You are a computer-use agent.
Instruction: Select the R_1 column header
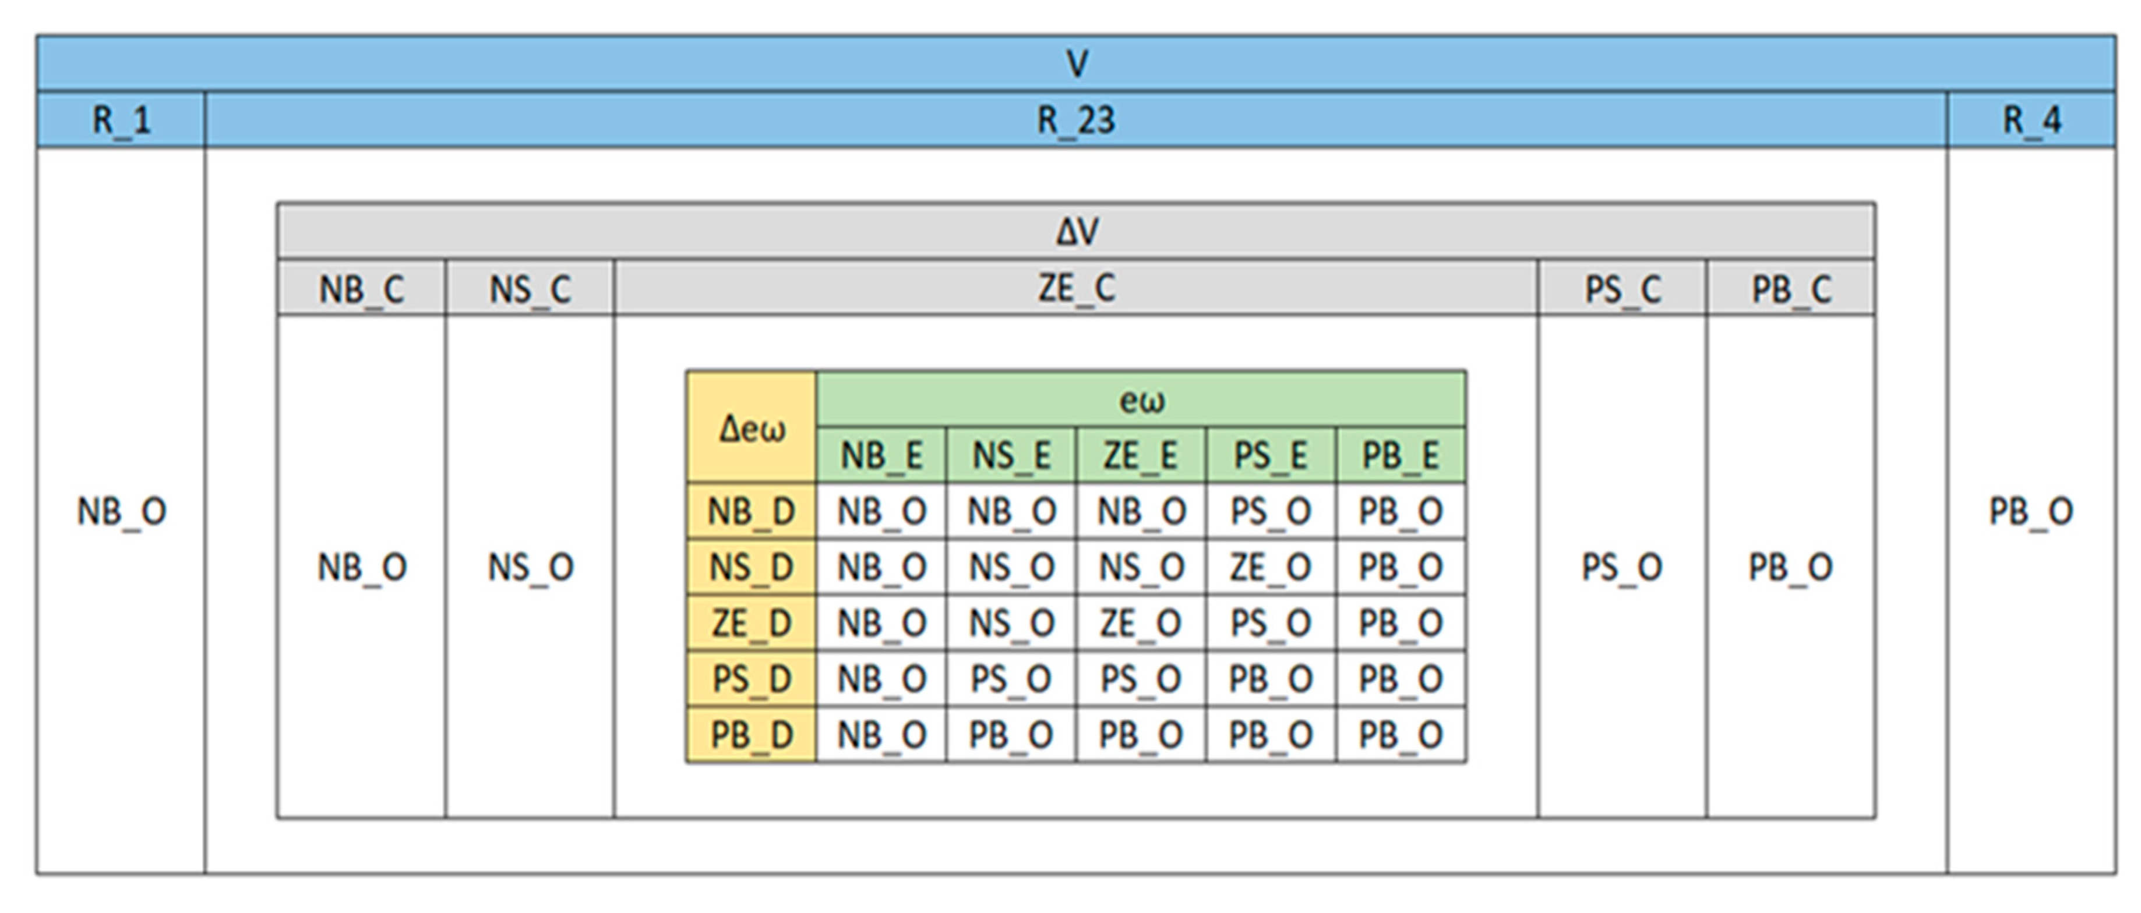pos(121,121)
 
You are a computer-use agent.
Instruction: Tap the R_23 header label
pos(1076,121)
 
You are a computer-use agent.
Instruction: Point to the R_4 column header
pos(2032,121)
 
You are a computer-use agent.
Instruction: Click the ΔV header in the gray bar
pos(1076,232)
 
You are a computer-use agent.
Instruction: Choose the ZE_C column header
pos(1076,288)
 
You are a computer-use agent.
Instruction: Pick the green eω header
pos(1141,401)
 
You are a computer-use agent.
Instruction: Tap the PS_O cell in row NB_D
pos(1271,511)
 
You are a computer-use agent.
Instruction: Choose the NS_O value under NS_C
pos(530,567)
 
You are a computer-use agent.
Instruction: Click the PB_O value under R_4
pos(2031,511)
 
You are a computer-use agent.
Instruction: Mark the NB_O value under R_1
pos(121,511)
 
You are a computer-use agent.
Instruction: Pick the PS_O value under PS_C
pos(1621,567)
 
